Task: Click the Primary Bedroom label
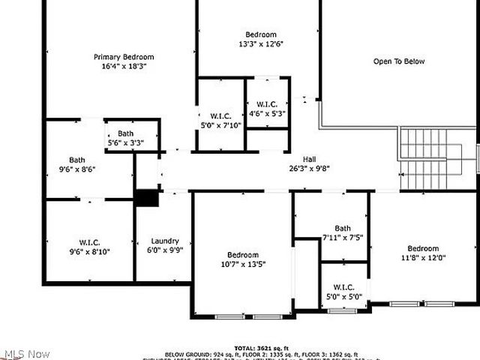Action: [x=124, y=57]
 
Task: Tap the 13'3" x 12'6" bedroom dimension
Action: [x=261, y=43]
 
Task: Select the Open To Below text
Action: [x=399, y=61]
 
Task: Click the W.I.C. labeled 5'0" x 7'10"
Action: [x=220, y=115]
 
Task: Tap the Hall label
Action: [x=309, y=160]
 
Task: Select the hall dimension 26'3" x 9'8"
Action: [x=309, y=169]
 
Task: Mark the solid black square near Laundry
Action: [x=147, y=198]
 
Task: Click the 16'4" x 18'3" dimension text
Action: [x=124, y=66]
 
